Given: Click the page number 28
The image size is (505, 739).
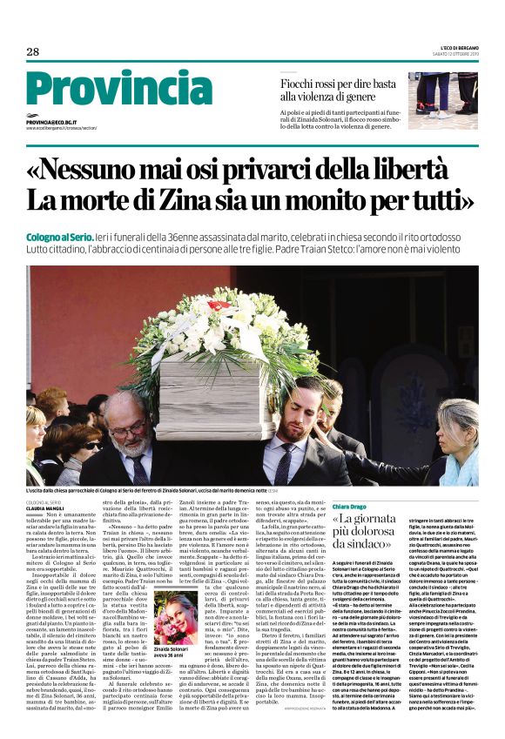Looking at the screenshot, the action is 32,52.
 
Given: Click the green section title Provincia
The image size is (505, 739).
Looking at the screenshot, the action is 106,91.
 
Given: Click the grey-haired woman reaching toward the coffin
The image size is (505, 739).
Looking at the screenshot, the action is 453,435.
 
